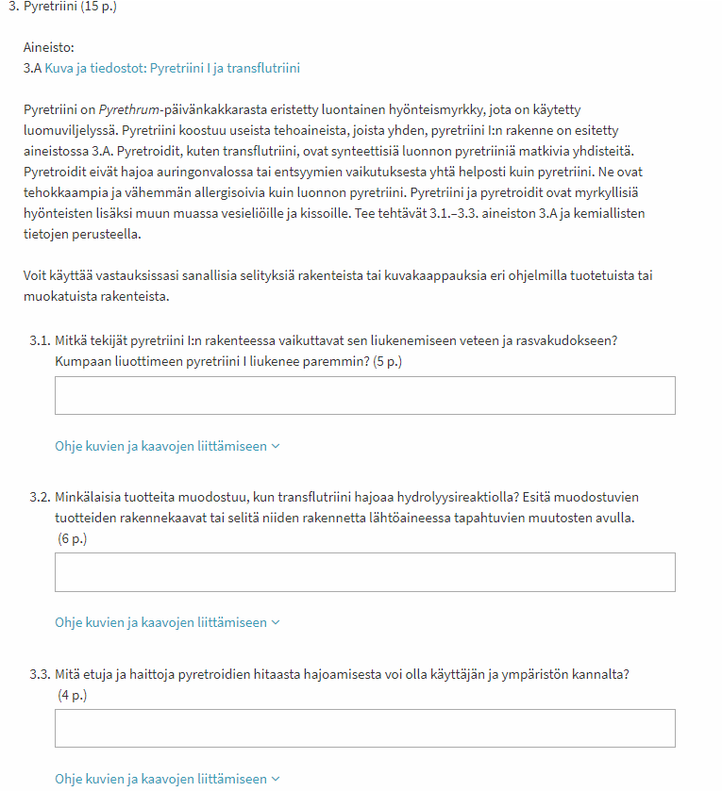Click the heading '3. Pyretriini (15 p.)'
pyautogui.click(x=63, y=7)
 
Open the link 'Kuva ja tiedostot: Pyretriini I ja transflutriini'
pyautogui.click(x=172, y=68)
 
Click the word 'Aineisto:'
pyautogui.click(x=48, y=47)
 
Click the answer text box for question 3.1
pyautogui.click(x=364, y=396)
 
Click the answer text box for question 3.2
pyautogui.click(x=364, y=572)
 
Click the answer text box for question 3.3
pyautogui.click(x=364, y=729)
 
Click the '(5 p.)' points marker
pyautogui.click(x=387, y=362)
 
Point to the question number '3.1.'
pyautogui.click(x=40, y=340)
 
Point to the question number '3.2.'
pyautogui.click(x=40, y=496)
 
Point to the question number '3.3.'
pyautogui.click(x=40, y=674)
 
